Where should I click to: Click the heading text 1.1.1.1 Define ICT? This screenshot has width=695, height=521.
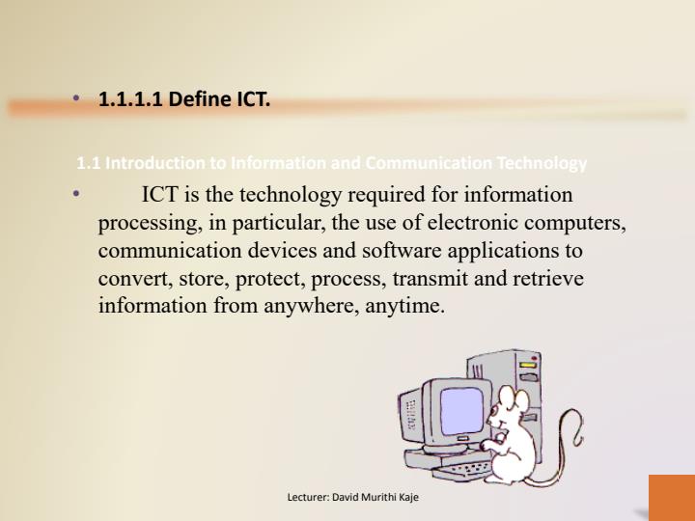184,99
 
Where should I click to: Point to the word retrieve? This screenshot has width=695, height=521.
545,279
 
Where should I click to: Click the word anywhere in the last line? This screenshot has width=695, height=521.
310,307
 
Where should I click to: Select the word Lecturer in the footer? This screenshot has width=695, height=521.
308,498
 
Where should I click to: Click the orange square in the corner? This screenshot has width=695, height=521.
671,497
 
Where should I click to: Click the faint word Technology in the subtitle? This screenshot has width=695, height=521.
542,163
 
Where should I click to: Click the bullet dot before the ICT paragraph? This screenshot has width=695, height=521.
77,195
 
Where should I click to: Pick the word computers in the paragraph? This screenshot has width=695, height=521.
582,223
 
